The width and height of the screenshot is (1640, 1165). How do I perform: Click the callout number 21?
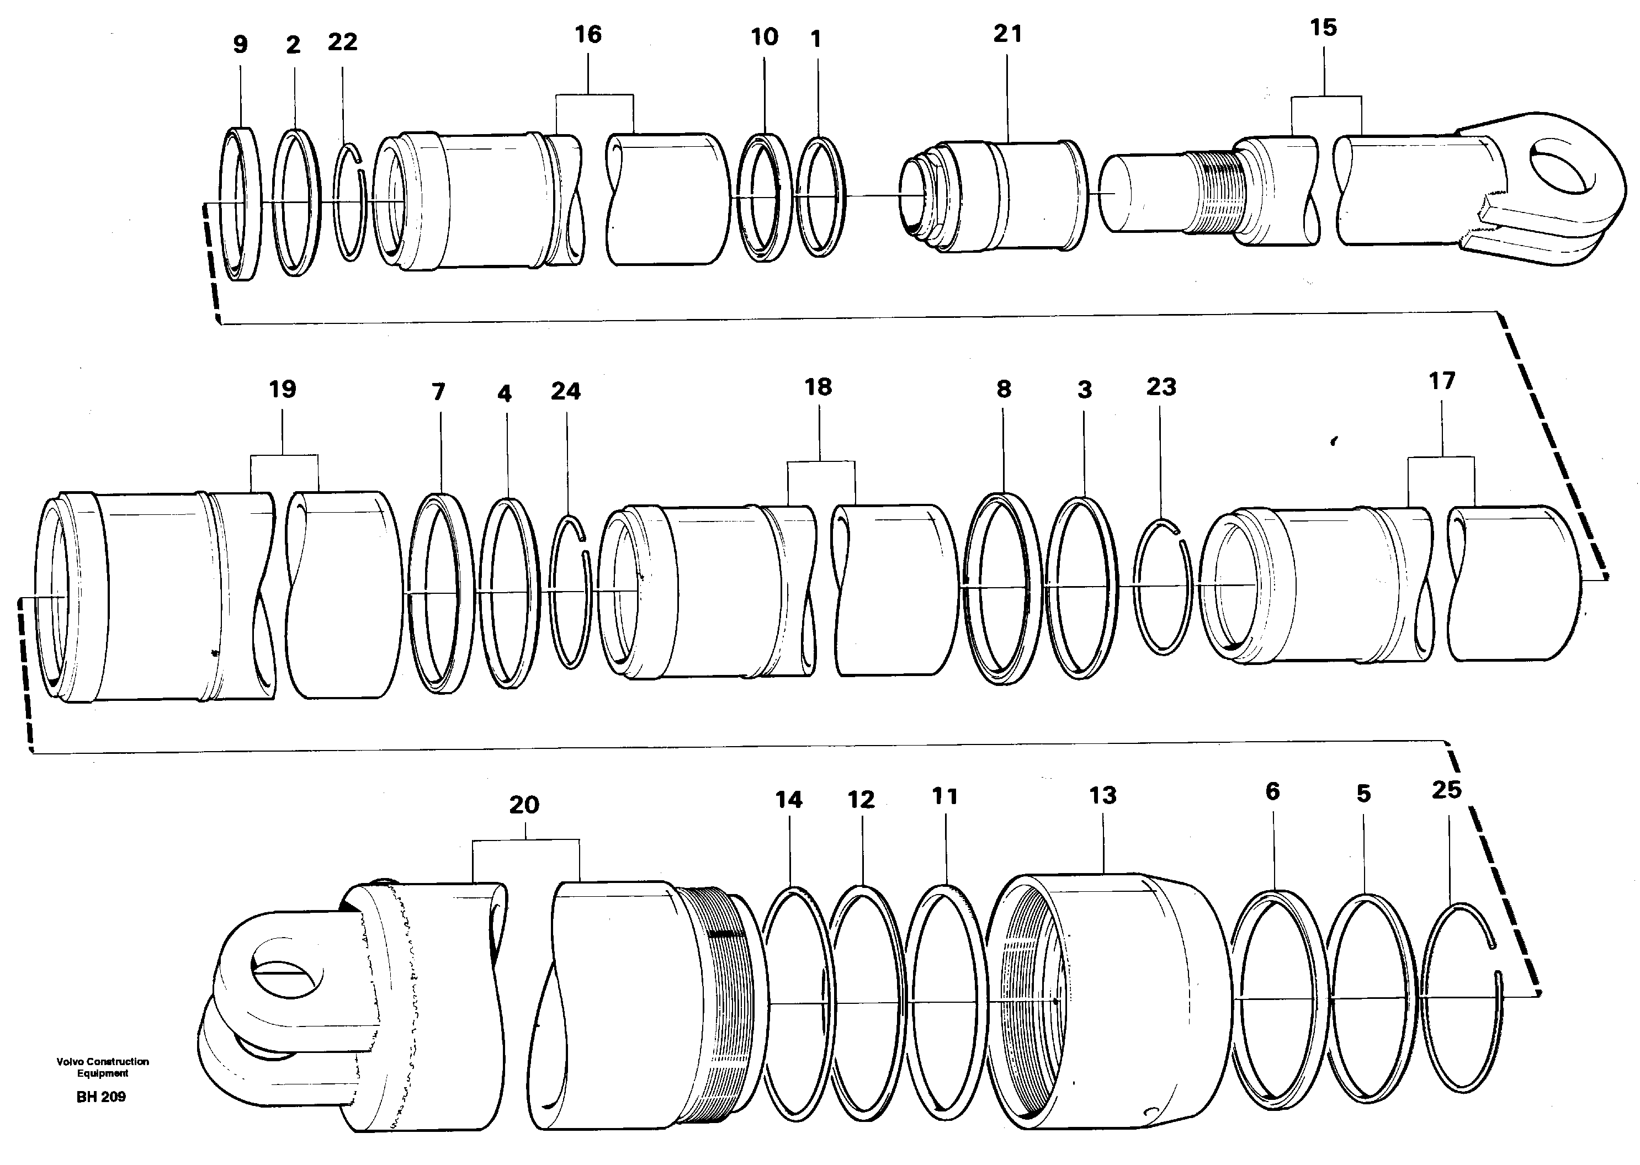click(1007, 34)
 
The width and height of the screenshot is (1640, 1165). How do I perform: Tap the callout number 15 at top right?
click(1323, 28)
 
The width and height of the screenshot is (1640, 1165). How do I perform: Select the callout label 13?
click(1103, 795)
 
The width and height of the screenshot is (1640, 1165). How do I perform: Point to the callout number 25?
click(1446, 790)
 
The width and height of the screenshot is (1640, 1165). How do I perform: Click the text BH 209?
click(101, 1097)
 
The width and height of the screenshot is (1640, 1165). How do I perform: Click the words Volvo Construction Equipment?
click(103, 1067)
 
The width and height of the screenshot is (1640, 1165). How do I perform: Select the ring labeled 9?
click(241, 204)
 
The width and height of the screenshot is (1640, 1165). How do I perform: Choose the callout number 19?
click(282, 390)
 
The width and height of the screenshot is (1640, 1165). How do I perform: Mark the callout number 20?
click(524, 805)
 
